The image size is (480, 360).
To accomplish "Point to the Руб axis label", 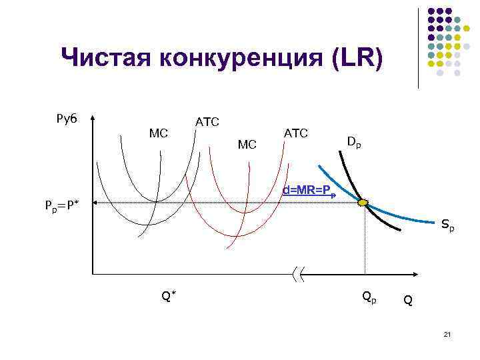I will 67,119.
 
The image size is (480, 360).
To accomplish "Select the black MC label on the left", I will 159,133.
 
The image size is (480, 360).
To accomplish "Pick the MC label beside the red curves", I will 247,144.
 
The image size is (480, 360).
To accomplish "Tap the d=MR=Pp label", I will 308,191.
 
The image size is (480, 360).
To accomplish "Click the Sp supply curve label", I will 448,227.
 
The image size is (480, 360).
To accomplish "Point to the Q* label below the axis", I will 169,294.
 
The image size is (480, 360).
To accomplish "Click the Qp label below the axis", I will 369,295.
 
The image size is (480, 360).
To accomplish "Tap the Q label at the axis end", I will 407,301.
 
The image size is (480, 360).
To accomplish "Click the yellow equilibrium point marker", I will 363,202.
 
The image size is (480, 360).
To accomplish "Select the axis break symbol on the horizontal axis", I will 298,273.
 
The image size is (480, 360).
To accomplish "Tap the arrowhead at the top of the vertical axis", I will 92,115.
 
